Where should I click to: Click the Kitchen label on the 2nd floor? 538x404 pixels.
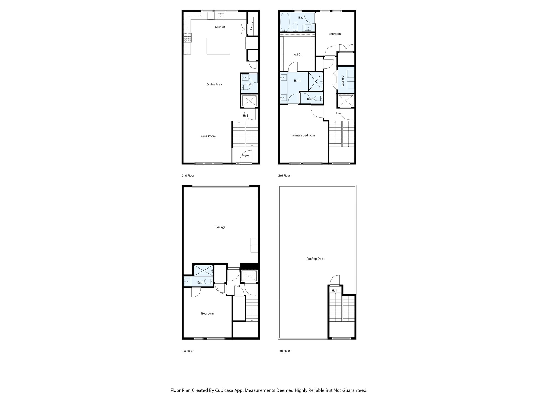(x=220, y=27)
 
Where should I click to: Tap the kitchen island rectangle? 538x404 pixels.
(x=218, y=46)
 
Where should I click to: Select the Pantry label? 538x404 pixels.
(x=252, y=26)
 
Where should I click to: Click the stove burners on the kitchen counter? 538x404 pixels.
(x=188, y=37)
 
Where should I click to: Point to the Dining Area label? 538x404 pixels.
(x=214, y=85)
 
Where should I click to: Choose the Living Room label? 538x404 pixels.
(x=208, y=136)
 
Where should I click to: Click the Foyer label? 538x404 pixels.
(x=245, y=155)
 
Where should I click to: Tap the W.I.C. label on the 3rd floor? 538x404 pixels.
(x=297, y=55)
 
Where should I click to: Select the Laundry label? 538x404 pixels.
(x=343, y=81)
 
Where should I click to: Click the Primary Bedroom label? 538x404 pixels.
(x=303, y=135)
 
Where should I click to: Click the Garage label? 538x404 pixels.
(x=220, y=227)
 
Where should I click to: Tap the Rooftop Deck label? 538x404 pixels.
(x=315, y=259)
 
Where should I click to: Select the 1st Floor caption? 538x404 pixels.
(x=188, y=351)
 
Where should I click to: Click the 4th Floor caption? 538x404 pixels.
(x=284, y=351)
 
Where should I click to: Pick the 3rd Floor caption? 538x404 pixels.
(x=284, y=176)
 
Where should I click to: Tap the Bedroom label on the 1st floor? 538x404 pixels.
(x=207, y=314)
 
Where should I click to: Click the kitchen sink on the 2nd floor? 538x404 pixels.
(x=221, y=16)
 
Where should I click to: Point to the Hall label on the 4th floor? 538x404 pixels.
(x=334, y=291)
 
